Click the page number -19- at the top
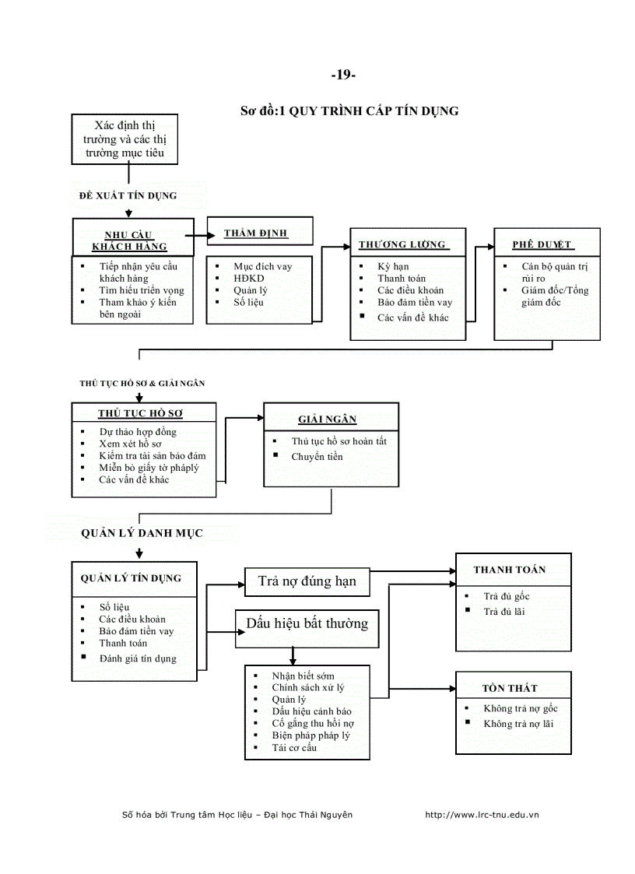343,75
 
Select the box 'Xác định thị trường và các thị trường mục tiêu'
125,139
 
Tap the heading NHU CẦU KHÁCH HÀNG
130,240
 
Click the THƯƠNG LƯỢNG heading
402,244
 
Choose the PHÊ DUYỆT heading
542,244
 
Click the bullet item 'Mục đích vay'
263,266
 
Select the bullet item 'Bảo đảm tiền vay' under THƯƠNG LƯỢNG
415,302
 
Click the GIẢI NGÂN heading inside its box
328,419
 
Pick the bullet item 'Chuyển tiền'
317,457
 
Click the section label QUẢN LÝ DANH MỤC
142,533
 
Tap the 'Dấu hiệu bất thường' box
307,624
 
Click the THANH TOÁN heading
510,570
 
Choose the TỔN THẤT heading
509,688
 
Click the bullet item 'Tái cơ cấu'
294,748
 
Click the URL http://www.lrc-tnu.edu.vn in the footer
482,815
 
